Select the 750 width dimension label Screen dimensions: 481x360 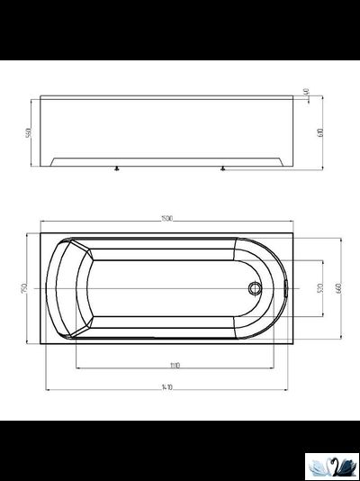(x=29, y=287)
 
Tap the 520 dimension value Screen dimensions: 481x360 (x=319, y=289)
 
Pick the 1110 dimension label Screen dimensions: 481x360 (x=175, y=365)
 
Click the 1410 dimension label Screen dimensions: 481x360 (x=167, y=386)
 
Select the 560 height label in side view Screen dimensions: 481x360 (x=29, y=132)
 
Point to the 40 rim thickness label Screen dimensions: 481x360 (x=307, y=92)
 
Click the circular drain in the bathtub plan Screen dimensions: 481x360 (x=256, y=289)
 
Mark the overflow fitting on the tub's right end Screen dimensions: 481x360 (x=284, y=289)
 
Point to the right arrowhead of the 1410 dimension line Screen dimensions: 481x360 (x=290, y=391)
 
